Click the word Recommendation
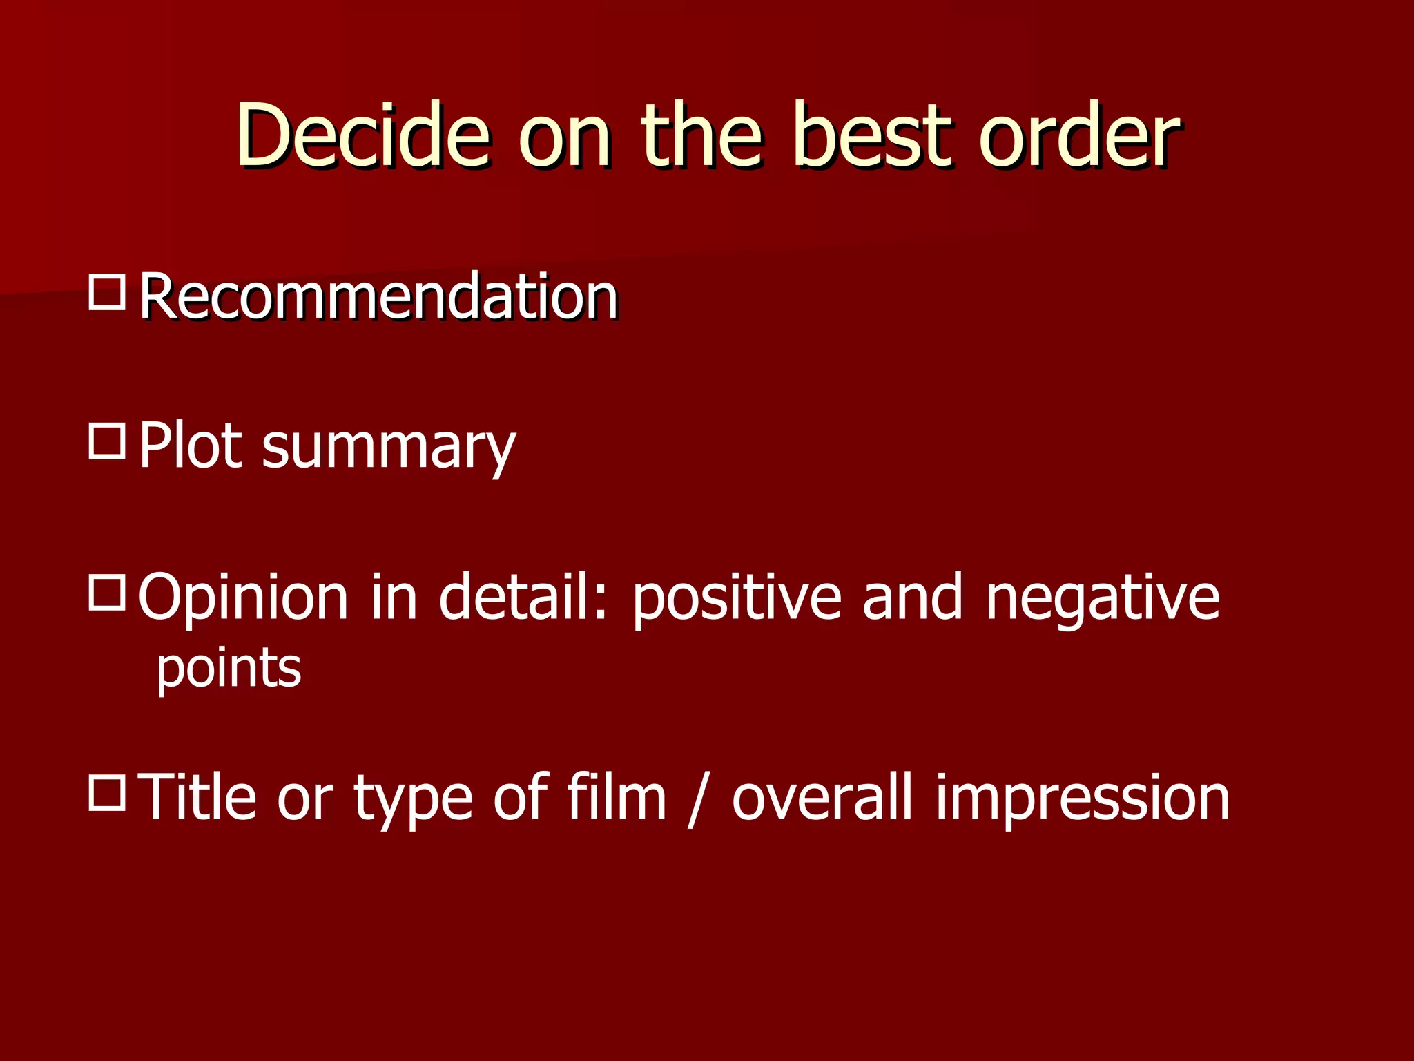pos(378,296)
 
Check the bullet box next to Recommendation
pos(107,292)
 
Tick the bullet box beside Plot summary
pos(107,441)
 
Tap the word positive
pos(737,598)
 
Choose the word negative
pos(1103,598)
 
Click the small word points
pos(229,669)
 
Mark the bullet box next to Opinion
pos(107,592)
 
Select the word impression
pos(1082,799)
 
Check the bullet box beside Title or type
pos(107,792)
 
